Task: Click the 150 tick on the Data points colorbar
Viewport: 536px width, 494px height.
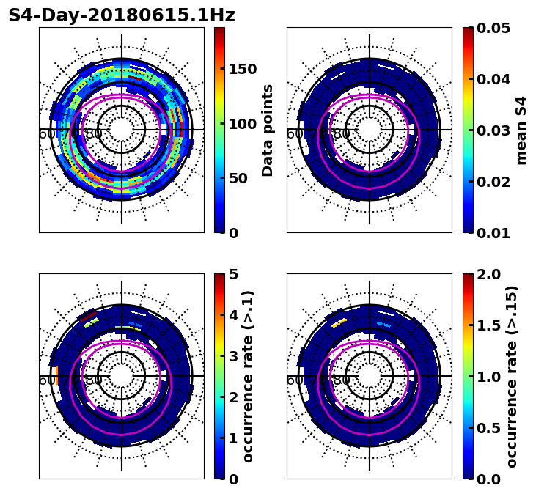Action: [242, 69]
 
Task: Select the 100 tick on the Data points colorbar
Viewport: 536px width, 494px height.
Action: [242, 124]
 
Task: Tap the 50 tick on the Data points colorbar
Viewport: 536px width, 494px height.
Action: [238, 178]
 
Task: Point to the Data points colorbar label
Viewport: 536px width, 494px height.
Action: [268, 130]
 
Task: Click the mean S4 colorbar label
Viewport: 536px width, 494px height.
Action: [521, 130]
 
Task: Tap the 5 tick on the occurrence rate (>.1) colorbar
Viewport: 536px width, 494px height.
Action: [233, 274]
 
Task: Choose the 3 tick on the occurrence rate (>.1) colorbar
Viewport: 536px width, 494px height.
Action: [233, 356]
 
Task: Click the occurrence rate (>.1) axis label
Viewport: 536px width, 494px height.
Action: [248, 376]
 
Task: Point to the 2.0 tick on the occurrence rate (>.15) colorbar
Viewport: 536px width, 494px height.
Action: [490, 274]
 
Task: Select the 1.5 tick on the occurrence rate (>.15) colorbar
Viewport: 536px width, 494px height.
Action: [490, 325]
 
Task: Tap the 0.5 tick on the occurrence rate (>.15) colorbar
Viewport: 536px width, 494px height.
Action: [490, 428]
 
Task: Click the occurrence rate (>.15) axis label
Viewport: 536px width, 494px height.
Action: [512, 376]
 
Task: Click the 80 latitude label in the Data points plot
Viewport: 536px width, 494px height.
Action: [94, 134]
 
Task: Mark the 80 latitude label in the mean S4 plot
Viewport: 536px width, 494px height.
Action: [342, 134]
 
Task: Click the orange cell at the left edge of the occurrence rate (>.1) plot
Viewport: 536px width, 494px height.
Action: [54, 375]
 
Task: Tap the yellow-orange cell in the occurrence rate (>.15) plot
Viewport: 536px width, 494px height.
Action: [339, 322]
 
